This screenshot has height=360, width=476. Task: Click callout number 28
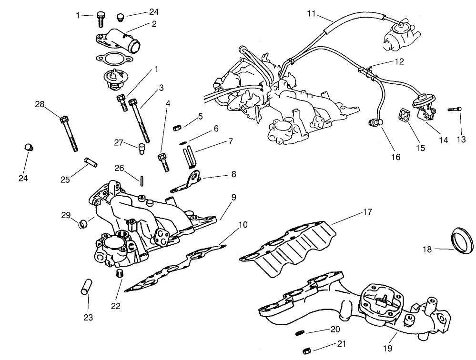coord(39,104)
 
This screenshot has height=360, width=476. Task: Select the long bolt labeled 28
coord(70,133)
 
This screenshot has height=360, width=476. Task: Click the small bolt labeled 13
coord(455,110)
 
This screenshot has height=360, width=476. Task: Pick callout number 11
coord(311,14)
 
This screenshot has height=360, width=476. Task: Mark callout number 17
coord(366,211)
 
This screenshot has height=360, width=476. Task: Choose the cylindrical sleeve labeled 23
coord(86,288)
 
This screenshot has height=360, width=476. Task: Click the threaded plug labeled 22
coord(120,274)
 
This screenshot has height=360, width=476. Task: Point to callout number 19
coord(387,349)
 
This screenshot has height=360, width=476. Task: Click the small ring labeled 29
coord(83,222)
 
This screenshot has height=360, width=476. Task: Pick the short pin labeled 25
coord(91,162)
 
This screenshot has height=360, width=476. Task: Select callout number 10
coord(243,224)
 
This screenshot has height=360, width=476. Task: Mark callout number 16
coord(396,157)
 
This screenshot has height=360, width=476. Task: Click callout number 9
coord(234,197)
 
